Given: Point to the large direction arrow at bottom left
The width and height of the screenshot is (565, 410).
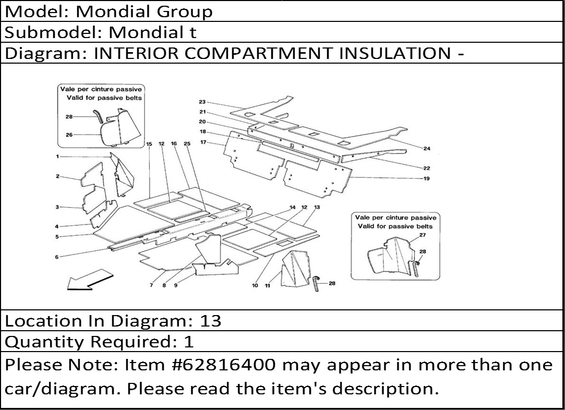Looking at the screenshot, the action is [90, 279].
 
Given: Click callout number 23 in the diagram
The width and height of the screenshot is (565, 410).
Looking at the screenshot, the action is [202, 102].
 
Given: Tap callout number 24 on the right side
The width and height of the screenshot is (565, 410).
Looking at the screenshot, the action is [427, 149].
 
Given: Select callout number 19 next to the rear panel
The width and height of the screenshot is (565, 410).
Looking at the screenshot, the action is [427, 178].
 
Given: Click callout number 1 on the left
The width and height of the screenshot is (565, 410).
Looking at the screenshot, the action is [57, 156].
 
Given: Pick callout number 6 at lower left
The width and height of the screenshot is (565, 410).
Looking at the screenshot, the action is [56, 257].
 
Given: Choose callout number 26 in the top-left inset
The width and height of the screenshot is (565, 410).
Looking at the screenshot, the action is [69, 135].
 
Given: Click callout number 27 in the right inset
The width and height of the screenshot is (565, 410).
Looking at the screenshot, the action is [423, 235].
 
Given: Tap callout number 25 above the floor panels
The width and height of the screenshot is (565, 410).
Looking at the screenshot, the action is [187, 143].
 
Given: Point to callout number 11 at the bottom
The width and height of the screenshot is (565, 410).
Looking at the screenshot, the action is [267, 286].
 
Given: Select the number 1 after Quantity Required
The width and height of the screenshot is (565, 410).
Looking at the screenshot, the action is [189, 342].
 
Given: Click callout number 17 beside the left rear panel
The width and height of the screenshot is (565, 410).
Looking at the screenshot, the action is [203, 142].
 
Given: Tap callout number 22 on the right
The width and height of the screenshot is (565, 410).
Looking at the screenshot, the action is [427, 168].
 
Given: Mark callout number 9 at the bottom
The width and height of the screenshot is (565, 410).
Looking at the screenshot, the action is [176, 285].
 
